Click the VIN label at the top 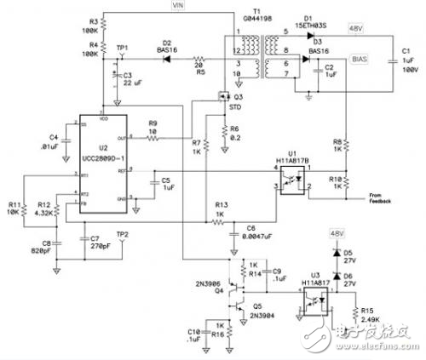[x=178, y=6]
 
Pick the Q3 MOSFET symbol [x=226, y=96]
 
